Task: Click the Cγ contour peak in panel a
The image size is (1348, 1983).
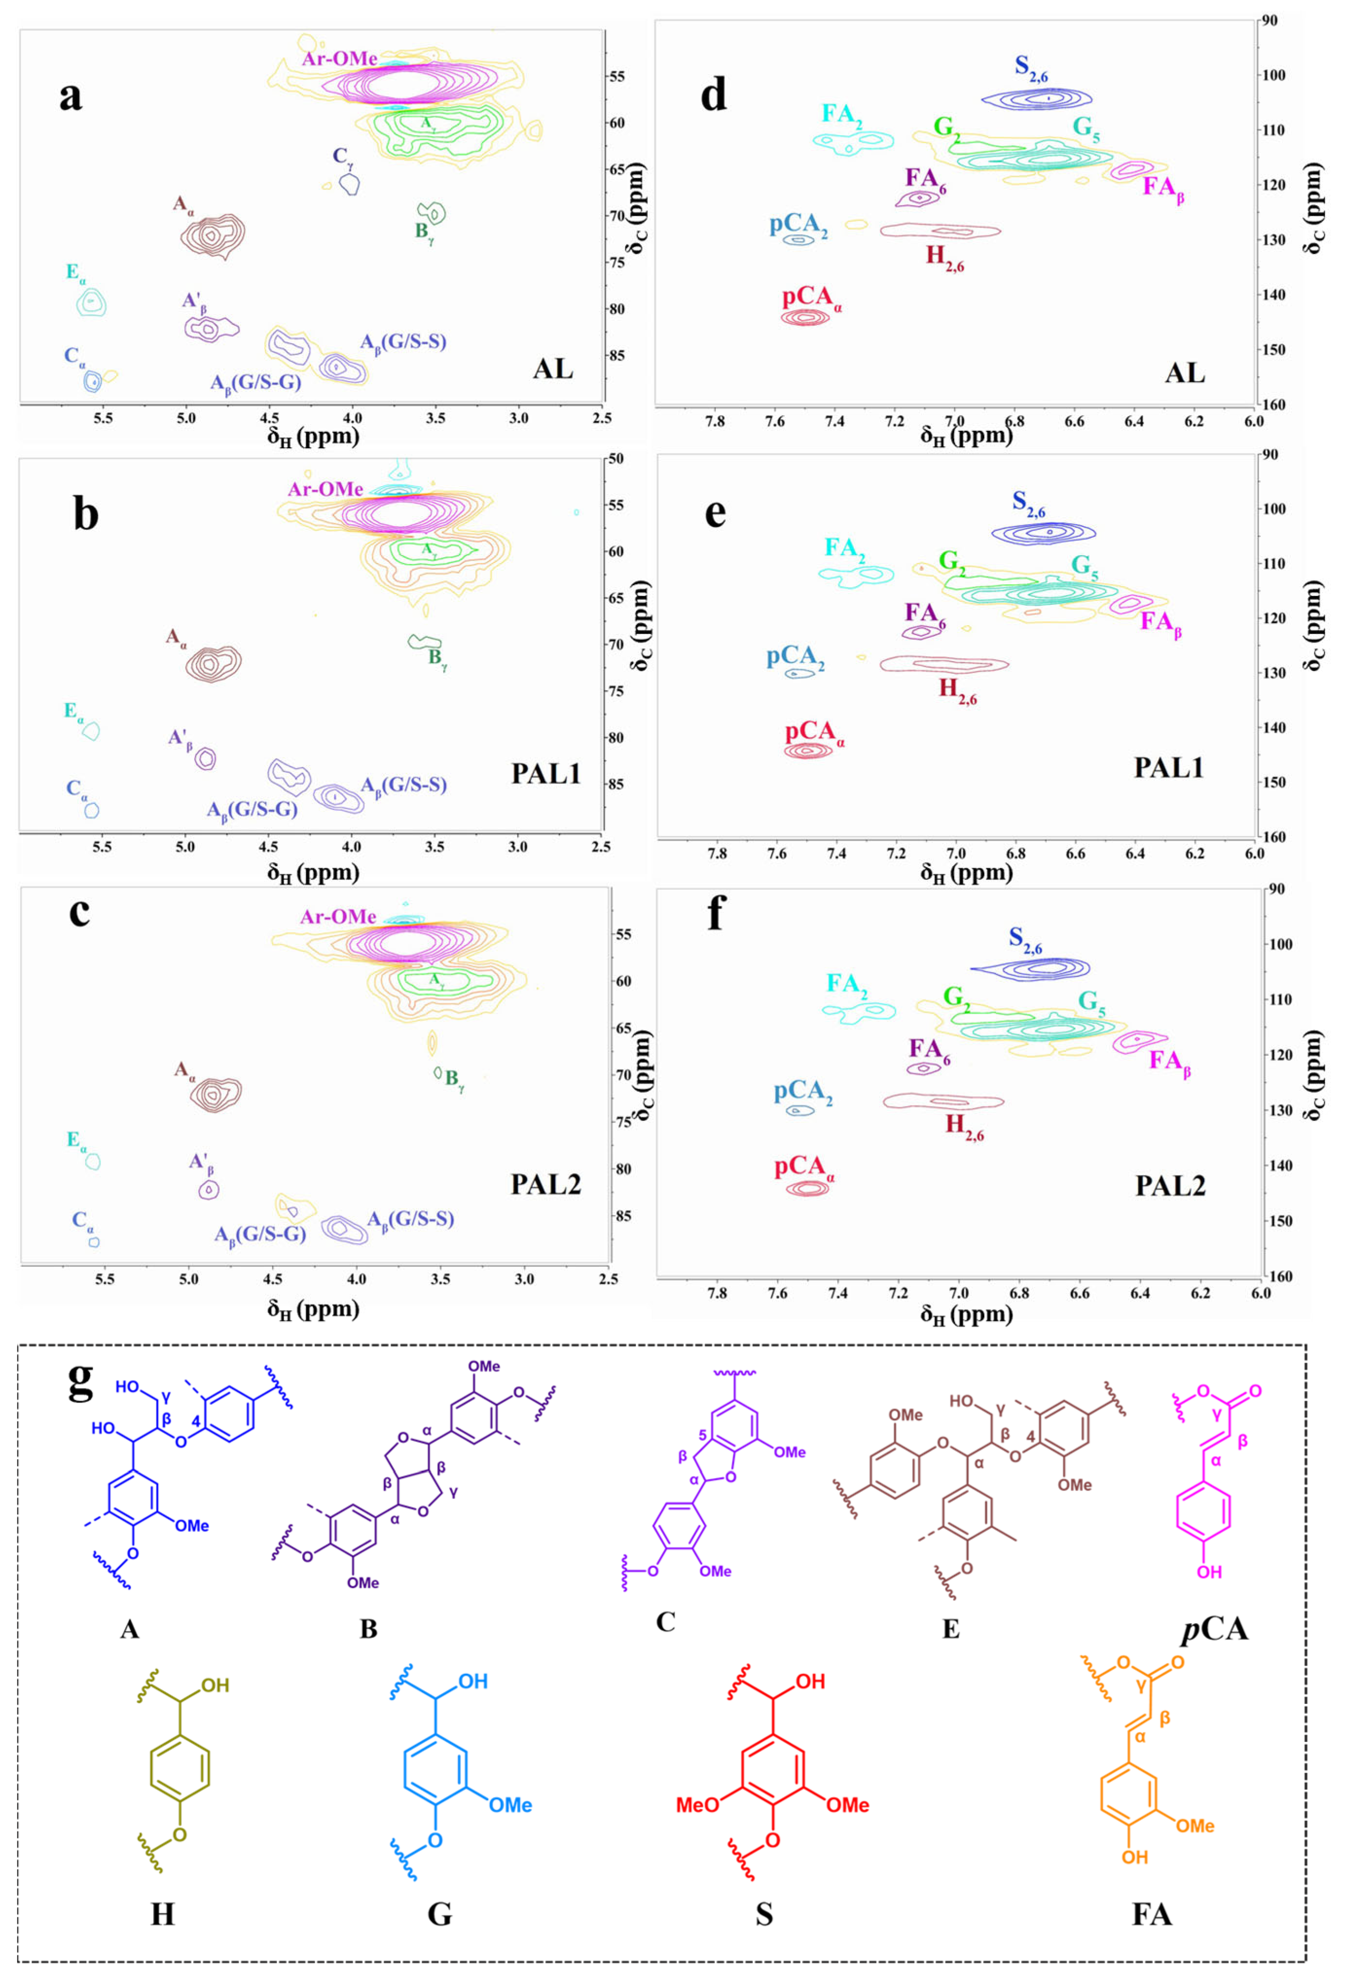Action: tap(349, 183)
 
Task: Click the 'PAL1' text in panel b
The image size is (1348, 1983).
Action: tap(545, 773)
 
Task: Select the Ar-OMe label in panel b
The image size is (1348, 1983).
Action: tap(325, 490)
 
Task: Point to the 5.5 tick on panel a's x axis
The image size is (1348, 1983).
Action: tap(103, 418)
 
